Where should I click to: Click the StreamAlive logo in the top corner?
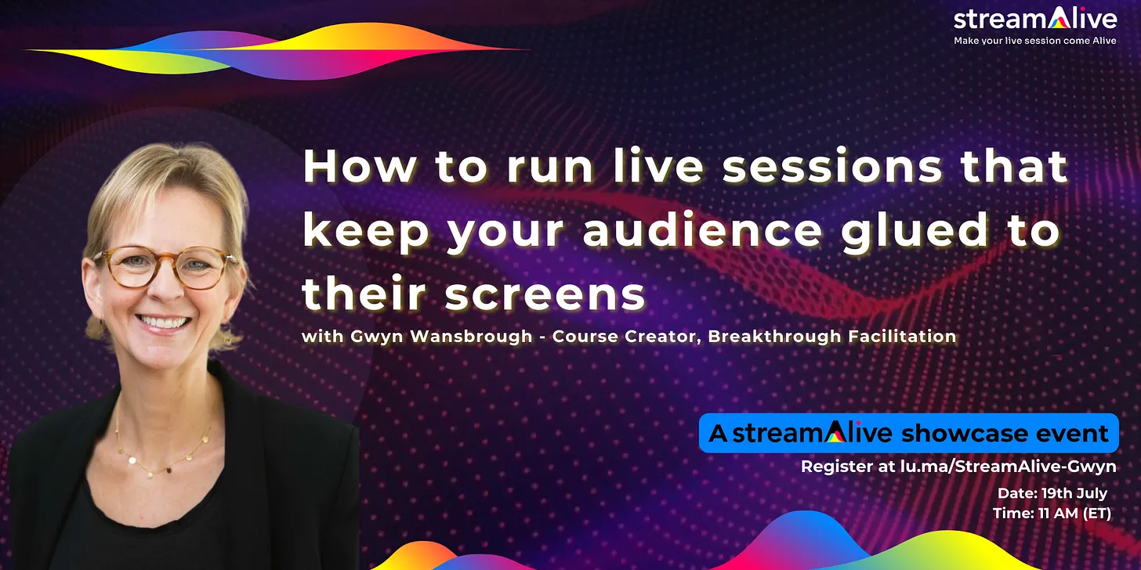click(x=1034, y=19)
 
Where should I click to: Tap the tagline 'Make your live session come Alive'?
click(x=1034, y=41)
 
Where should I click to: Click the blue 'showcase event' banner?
click(x=908, y=433)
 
